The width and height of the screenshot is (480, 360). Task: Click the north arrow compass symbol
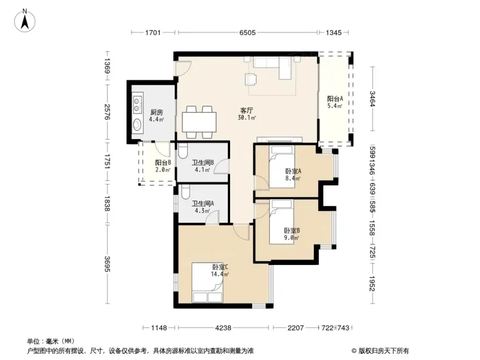point(25,20)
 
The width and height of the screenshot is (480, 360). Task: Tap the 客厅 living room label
point(247,110)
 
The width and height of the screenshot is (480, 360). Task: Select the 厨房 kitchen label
point(157,112)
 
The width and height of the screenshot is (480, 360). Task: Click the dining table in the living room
point(199,122)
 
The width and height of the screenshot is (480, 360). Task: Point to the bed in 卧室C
point(207,283)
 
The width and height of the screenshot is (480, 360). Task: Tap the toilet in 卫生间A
point(185,192)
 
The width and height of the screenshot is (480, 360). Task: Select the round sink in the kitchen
point(137,124)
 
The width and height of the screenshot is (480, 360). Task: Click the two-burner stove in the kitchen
point(137,104)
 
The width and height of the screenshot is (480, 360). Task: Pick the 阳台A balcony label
point(335,98)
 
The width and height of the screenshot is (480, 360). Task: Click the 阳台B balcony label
point(163,163)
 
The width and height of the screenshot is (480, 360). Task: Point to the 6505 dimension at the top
point(247,32)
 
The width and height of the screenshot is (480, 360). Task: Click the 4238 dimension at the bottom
point(223,328)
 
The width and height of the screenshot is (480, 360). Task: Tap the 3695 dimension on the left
point(107,263)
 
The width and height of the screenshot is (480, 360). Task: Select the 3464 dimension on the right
point(372,99)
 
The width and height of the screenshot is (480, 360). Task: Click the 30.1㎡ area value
point(247,117)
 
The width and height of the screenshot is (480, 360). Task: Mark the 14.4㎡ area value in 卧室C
point(220,274)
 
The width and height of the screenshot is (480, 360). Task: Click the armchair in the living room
point(251,79)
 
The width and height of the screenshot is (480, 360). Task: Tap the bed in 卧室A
point(282,167)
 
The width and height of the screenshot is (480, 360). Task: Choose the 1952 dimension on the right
point(372,284)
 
